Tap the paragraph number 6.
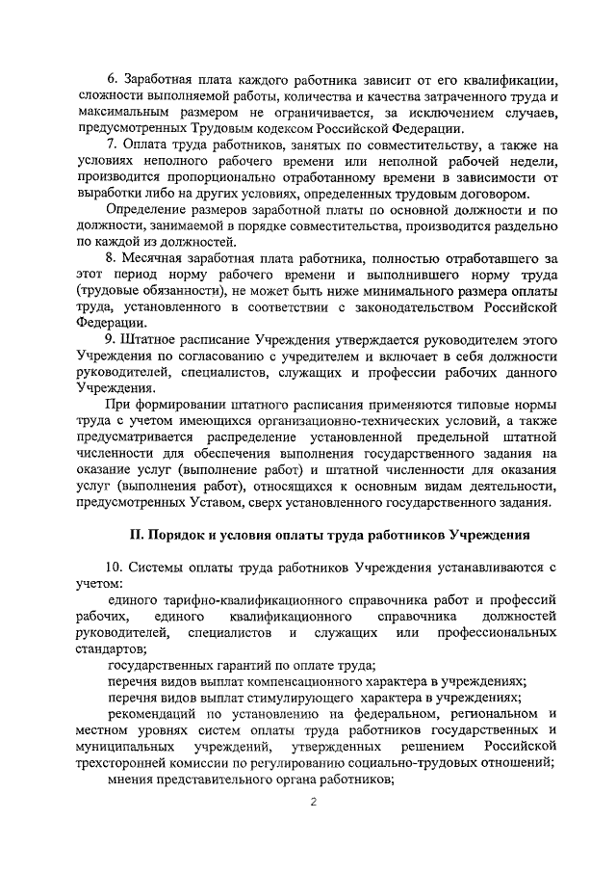[110, 76]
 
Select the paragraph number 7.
[110, 145]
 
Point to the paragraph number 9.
[110, 340]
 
